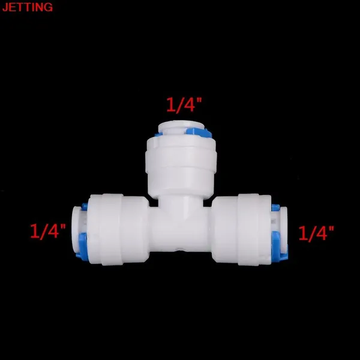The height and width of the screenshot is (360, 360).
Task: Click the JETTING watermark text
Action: [28, 7]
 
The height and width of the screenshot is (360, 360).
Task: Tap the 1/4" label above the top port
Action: [184, 105]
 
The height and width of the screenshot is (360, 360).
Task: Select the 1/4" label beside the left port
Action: [48, 231]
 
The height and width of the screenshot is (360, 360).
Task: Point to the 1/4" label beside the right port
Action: [316, 233]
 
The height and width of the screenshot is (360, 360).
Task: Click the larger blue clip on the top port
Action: [199, 133]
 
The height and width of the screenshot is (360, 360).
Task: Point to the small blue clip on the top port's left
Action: [158, 134]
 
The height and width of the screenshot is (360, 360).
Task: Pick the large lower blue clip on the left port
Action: [82, 247]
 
